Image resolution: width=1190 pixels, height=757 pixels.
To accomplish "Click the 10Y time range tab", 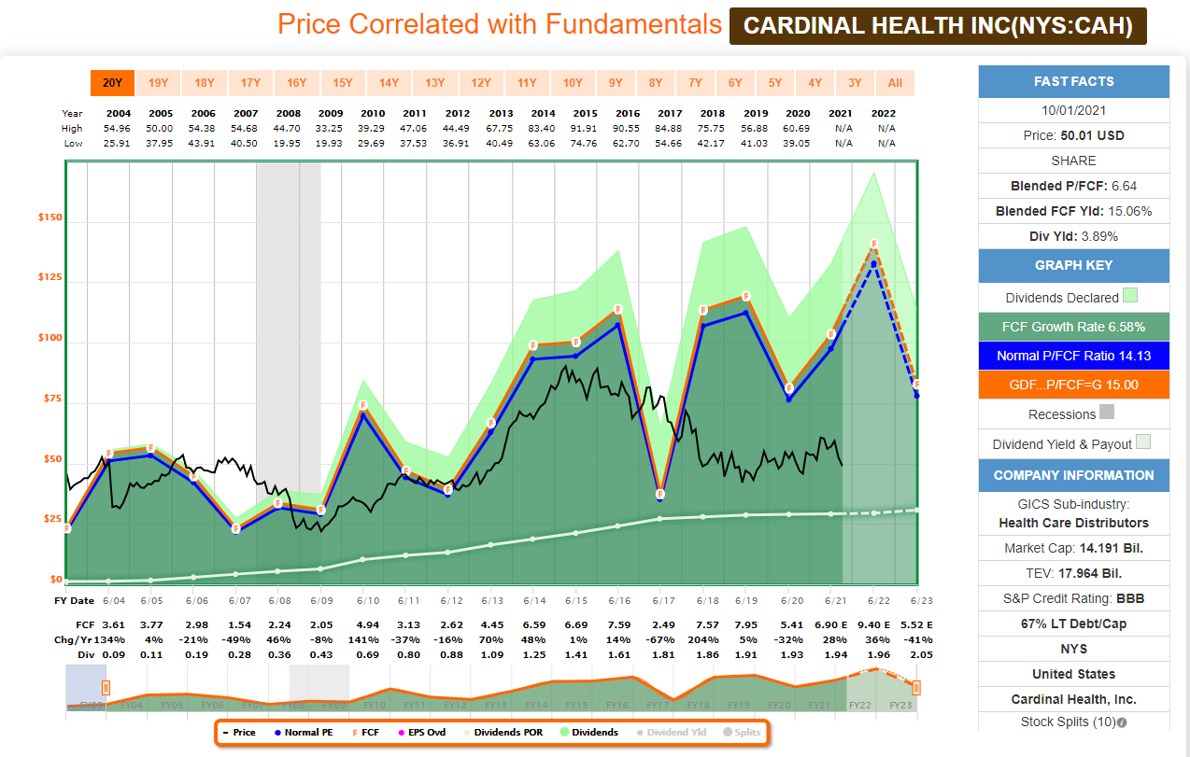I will [x=573, y=83].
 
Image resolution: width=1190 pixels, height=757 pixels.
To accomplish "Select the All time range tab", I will [x=895, y=83].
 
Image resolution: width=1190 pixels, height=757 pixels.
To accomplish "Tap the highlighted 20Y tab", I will [x=112, y=83].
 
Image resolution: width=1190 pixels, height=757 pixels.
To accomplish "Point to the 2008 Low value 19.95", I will [x=288, y=143].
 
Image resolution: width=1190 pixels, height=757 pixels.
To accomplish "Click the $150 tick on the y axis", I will [x=50, y=217].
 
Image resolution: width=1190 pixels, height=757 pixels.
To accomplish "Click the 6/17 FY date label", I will [x=659, y=600].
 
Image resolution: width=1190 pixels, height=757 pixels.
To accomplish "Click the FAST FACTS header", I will [x=1073, y=81].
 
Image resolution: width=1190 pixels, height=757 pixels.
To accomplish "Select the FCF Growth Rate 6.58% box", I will [x=1073, y=327].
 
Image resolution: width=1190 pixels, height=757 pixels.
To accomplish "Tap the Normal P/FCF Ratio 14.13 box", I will [x=1073, y=356].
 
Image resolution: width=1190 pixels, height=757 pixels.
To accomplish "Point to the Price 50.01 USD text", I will [x=1073, y=135].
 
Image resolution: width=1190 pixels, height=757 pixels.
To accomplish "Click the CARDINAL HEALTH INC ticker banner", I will [x=937, y=26].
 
